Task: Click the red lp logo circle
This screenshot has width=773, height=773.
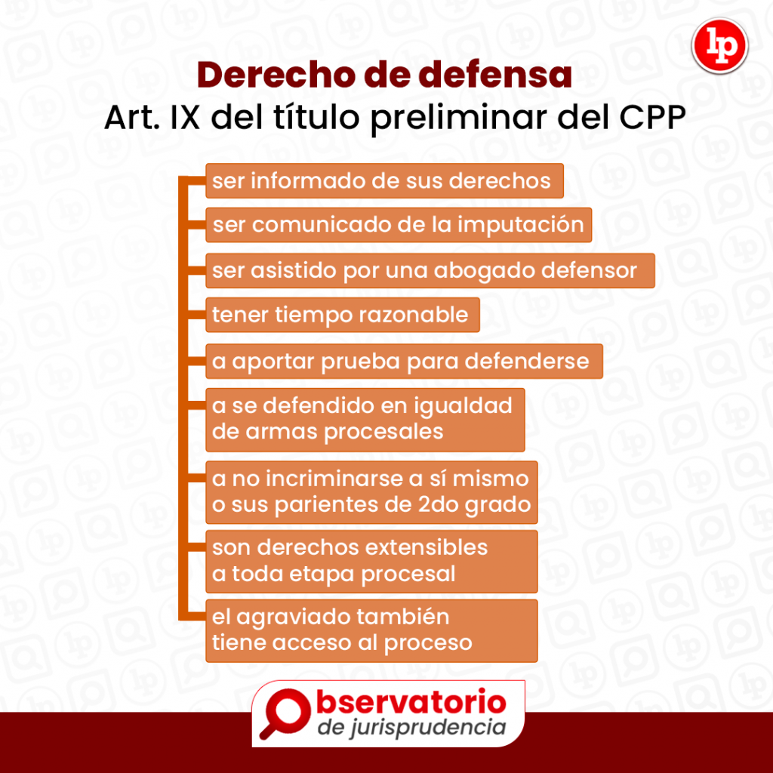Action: (x=719, y=46)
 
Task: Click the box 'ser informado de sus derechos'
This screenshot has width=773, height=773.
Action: (x=384, y=181)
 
